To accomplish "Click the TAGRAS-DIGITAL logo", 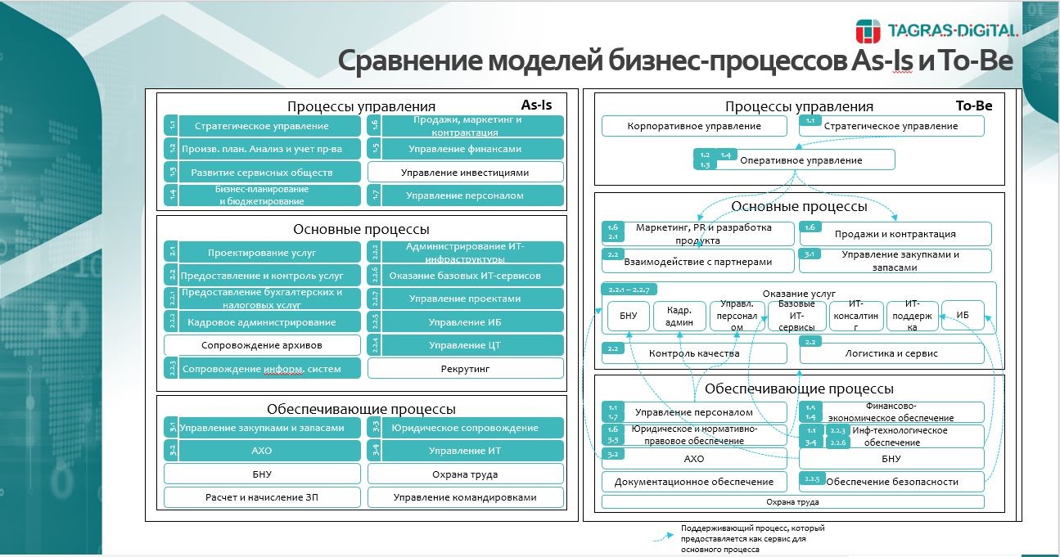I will click(x=936, y=31).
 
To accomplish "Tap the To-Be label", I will click(x=973, y=106).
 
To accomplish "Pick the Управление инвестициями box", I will click(x=465, y=173).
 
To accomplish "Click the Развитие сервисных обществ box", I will click(x=262, y=173).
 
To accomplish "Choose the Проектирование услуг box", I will click(x=262, y=253).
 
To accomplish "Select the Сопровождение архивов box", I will click(x=262, y=345).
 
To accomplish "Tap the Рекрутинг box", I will click(x=465, y=369).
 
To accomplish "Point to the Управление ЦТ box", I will click(x=465, y=345).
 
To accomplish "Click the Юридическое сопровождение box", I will click(x=465, y=428).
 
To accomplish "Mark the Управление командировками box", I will click(x=465, y=496).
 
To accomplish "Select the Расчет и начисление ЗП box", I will click(x=262, y=496).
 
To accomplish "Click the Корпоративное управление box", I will click(x=694, y=126).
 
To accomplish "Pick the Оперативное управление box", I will click(x=801, y=160).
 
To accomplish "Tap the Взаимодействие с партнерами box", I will click(x=698, y=262).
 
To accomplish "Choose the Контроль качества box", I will click(x=694, y=353).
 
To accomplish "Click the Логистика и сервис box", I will click(x=892, y=353).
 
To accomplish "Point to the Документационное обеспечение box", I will click(x=694, y=482).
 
